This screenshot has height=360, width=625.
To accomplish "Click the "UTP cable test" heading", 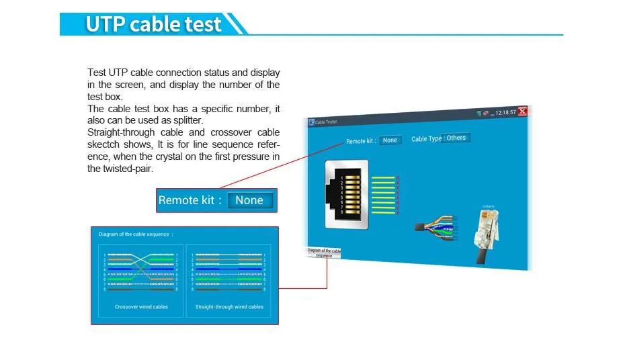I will pyautogui.click(x=153, y=24).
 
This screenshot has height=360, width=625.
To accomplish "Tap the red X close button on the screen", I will pyautogui.click(x=522, y=111).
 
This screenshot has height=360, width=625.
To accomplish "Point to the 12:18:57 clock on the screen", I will pyautogui.click(x=505, y=112).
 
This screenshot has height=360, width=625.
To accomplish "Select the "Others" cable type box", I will pyautogui.click(x=456, y=138).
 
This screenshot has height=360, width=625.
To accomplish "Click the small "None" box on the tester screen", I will pyautogui.click(x=390, y=140).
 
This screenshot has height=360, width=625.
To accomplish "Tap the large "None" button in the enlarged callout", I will pyautogui.click(x=249, y=200).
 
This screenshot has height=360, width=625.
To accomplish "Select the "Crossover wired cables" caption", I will pyautogui.click(x=141, y=307).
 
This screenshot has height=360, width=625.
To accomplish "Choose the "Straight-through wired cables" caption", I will pyautogui.click(x=229, y=307).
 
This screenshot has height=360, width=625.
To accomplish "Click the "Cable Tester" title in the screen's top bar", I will pyautogui.click(x=326, y=122).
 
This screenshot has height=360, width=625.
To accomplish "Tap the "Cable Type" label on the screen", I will pyautogui.click(x=426, y=139).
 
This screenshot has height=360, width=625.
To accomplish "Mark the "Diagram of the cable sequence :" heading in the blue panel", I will pyautogui.click(x=136, y=234).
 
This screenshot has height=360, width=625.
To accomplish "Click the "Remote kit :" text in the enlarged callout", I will pyautogui.click(x=190, y=200).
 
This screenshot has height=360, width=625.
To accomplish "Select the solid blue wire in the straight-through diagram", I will pyautogui.click(x=228, y=269).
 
